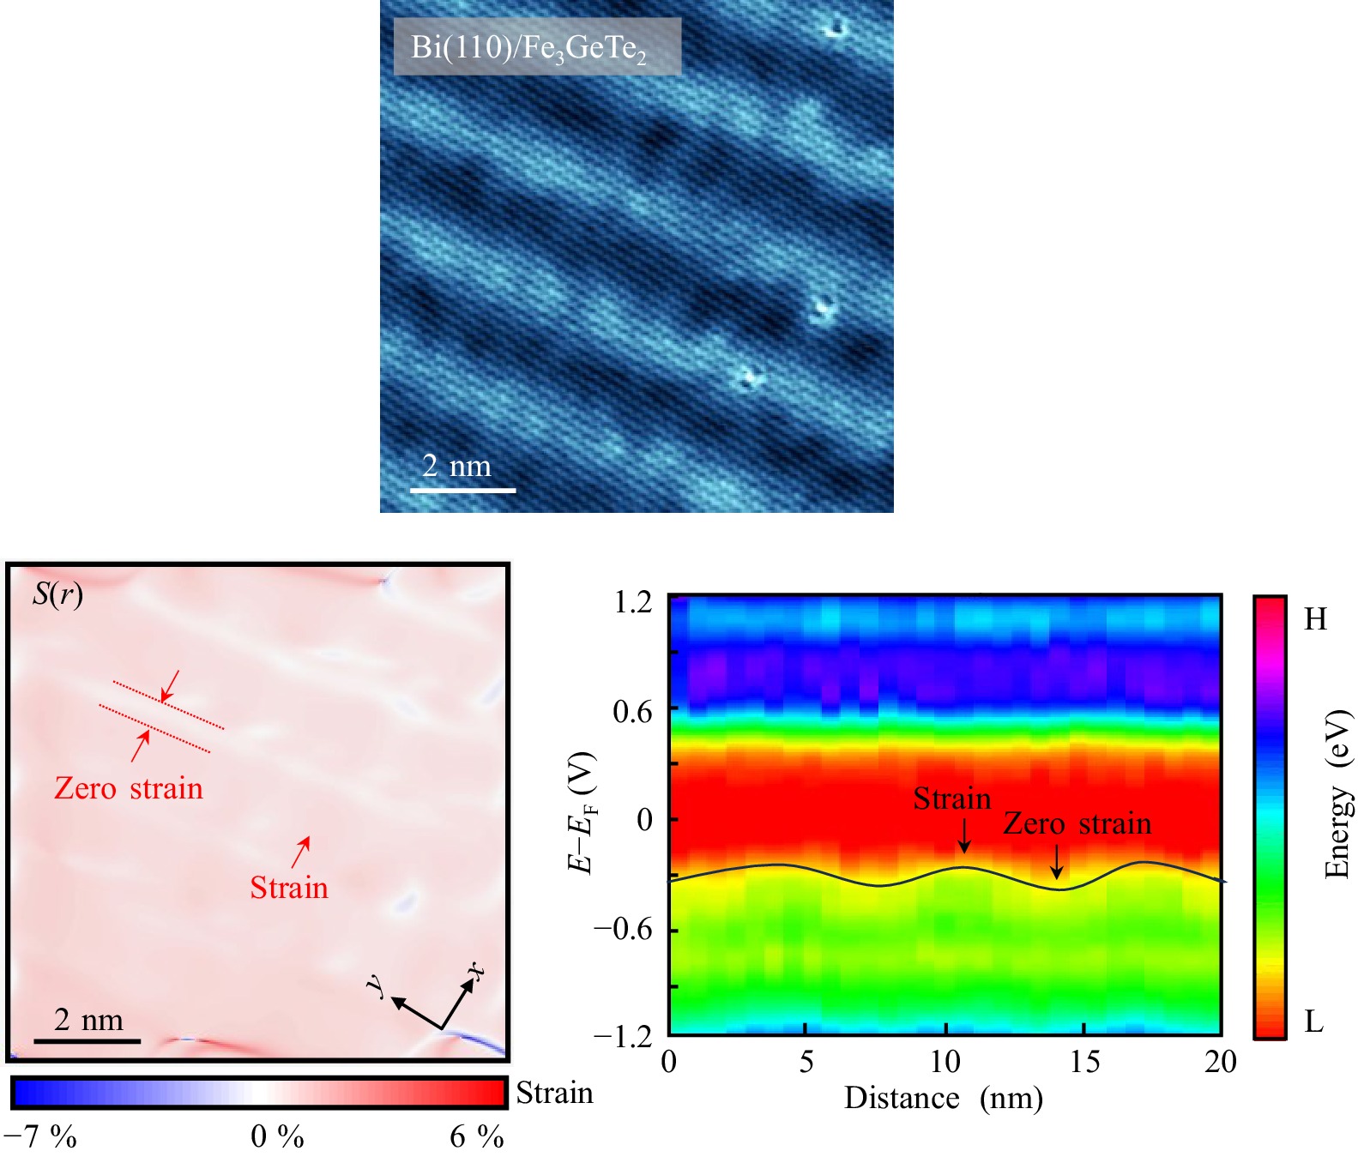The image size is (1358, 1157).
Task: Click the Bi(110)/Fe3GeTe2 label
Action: click(x=529, y=47)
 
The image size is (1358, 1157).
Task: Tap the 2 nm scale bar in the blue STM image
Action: click(x=462, y=490)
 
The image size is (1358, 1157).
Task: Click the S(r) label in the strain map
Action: click(x=57, y=594)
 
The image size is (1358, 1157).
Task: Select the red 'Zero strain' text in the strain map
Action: click(x=129, y=788)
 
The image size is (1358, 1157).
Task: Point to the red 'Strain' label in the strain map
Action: click(x=289, y=888)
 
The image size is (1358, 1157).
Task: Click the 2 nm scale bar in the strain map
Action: click(x=87, y=1040)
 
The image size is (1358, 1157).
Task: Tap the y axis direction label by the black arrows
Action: click(x=375, y=985)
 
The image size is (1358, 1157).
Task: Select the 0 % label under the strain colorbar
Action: click(x=277, y=1136)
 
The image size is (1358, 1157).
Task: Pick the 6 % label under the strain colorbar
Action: click(x=477, y=1136)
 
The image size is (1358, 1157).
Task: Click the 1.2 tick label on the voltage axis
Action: click(x=633, y=602)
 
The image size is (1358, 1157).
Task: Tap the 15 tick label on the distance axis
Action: click(x=1084, y=1062)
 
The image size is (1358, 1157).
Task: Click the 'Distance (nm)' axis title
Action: click(x=944, y=1098)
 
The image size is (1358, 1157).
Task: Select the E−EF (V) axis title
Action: click(x=582, y=812)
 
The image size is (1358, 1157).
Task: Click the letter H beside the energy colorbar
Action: click(x=1315, y=619)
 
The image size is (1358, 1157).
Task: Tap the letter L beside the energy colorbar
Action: click(x=1313, y=1021)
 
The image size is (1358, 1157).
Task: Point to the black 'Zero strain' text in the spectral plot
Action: click(x=1077, y=823)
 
